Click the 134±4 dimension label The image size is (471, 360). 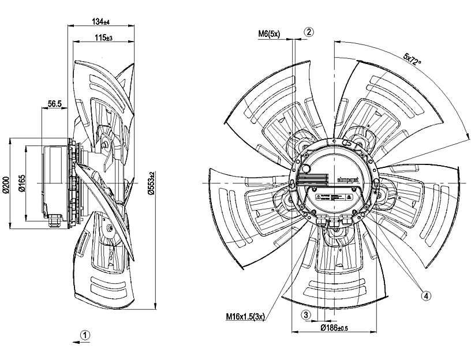click(100, 21)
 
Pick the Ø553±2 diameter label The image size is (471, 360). click(151, 183)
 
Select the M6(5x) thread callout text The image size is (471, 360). click(268, 35)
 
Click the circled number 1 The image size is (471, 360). click(85, 334)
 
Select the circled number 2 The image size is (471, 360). click(309, 32)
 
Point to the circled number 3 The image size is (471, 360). click(307, 314)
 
